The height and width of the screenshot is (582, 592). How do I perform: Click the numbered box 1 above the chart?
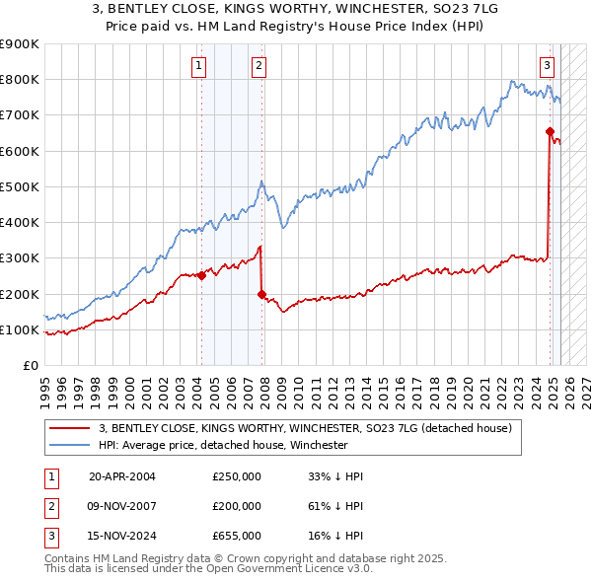[199, 66]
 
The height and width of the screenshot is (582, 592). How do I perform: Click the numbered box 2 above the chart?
[259, 66]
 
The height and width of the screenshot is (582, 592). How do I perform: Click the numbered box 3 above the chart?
[547, 66]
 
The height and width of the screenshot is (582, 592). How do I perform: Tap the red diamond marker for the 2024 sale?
[550, 131]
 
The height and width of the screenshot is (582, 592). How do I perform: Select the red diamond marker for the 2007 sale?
[261, 294]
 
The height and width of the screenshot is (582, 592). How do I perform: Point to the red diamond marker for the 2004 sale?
[201, 276]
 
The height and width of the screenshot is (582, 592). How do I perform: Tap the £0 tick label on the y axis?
[31, 366]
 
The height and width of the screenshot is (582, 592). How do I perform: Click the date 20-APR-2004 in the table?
[122, 476]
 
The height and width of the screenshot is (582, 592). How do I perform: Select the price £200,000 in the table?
[237, 506]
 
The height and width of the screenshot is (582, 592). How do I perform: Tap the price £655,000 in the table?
[237, 536]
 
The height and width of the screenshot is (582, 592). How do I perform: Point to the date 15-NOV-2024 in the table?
[122, 536]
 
